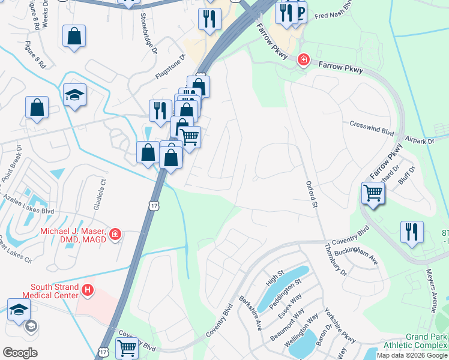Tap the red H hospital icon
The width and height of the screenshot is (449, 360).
tap(88, 291)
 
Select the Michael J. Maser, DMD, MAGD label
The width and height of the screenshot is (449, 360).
tap(73, 235)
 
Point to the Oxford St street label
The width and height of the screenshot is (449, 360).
tap(311, 195)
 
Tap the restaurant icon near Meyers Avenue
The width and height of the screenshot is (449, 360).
tap(412, 232)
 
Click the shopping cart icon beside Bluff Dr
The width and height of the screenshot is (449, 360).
tap(373, 194)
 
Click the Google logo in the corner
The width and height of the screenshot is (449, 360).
tap(20, 353)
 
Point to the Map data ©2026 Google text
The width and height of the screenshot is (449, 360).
tap(412, 355)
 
